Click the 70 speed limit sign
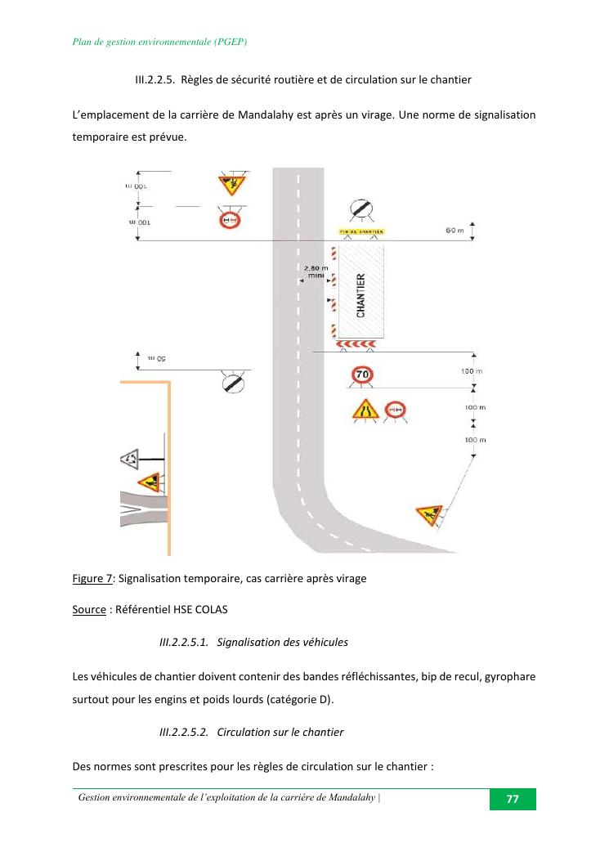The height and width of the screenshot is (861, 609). coord(362,375)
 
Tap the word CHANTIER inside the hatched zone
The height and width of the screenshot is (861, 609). coord(361,295)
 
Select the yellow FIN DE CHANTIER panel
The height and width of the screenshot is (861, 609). coord(361,232)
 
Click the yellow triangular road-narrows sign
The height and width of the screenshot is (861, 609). coord(365,409)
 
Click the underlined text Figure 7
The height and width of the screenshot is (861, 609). coord(92,578)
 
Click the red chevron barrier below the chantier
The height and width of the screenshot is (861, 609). coord(360,343)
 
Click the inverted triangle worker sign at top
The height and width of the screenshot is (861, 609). coord(231,183)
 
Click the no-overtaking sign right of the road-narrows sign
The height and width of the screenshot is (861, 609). coord(396,410)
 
